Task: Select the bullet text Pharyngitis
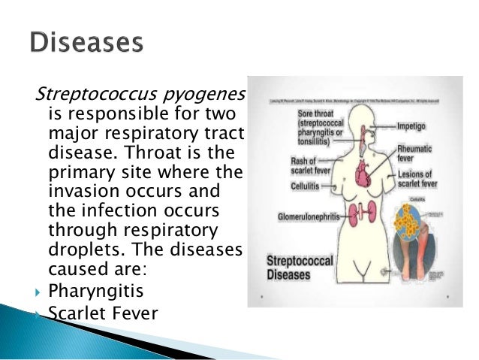point(94,289)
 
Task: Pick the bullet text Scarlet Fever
point(103,311)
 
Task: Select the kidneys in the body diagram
point(350,213)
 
